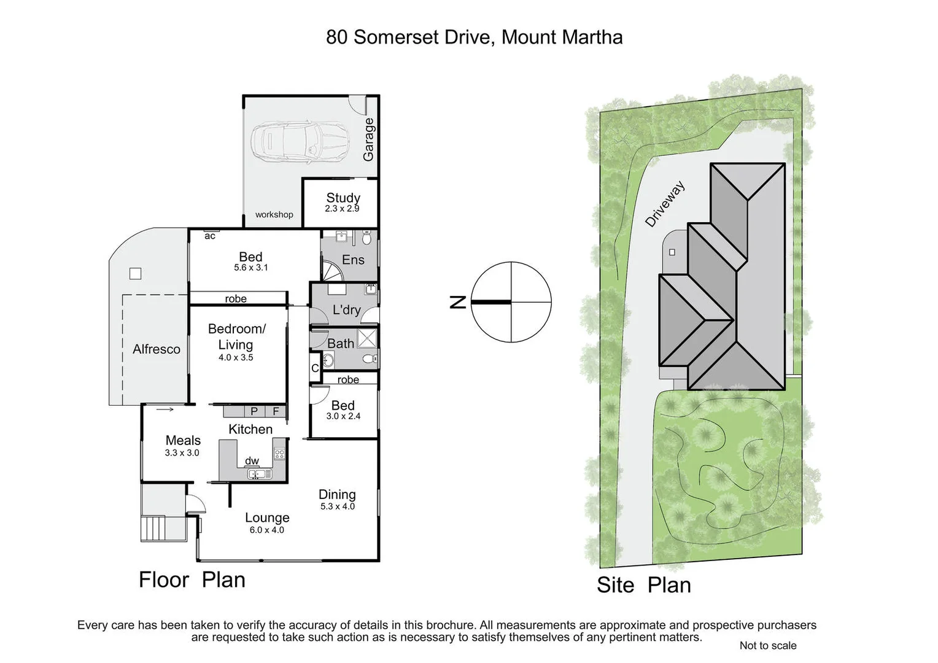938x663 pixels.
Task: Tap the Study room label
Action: point(343,198)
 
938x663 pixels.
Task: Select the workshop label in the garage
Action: point(274,214)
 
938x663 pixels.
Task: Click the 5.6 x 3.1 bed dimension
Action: point(250,268)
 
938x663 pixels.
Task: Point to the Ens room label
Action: point(353,260)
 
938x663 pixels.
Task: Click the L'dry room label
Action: point(346,310)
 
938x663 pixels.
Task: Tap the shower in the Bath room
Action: point(368,338)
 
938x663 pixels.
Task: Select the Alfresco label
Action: point(157,349)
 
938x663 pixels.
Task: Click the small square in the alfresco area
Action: point(136,274)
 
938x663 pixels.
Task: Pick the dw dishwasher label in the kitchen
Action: point(252,461)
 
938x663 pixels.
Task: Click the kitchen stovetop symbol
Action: point(279,454)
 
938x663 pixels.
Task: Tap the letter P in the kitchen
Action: point(254,411)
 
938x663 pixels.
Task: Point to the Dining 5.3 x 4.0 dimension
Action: point(337,506)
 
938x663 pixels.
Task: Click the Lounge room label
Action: point(267,518)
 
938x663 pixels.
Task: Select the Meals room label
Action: point(183,440)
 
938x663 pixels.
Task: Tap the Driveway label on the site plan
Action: point(664,204)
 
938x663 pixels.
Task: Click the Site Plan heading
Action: point(643,585)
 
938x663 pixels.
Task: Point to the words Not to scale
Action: point(767,645)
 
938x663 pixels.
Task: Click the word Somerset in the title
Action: point(392,37)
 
